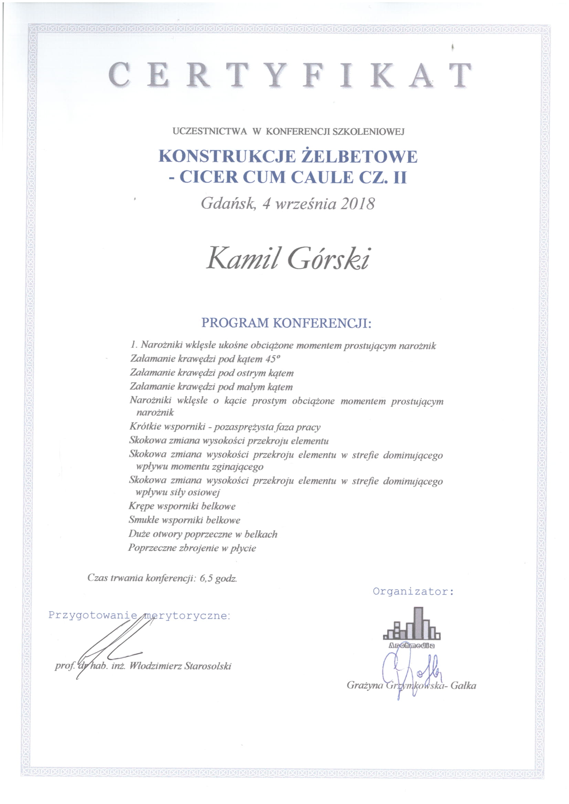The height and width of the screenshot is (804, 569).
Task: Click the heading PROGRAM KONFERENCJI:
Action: click(286, 322)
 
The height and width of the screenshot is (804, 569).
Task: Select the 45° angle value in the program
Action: click(273, 359)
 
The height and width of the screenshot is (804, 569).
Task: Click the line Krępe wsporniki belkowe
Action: click(182, 506)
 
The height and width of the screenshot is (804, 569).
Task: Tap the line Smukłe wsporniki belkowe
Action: click(185, 520)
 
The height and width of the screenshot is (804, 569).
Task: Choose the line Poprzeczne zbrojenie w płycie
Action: click(192, 548)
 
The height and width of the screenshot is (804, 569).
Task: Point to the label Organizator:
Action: click(414, 592)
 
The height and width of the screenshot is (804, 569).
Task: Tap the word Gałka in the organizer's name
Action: click(463, 685)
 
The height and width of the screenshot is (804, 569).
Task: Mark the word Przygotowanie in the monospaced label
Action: click(93, 615)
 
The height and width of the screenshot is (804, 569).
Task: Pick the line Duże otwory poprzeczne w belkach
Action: click(203, 534)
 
